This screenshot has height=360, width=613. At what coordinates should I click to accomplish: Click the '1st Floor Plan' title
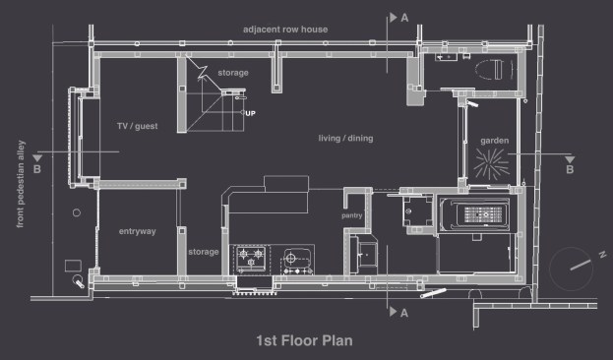click(304, 340)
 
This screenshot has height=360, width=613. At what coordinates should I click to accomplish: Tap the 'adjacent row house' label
click(285, 30)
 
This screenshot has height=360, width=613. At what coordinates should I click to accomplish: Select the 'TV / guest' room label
click(137, 126)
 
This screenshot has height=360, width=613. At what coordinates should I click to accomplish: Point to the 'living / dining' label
click(345, 138)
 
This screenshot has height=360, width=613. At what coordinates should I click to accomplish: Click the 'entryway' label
click(137, 231)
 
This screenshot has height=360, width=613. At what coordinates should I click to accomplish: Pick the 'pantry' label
click(352, 215)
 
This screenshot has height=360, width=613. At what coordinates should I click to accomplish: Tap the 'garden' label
click(495, 141)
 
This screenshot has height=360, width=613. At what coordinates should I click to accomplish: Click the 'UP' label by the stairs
click(250, 113)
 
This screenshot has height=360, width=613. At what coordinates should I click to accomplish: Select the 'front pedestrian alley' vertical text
click(21, 184)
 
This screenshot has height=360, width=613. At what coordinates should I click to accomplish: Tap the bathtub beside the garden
click(474, 214)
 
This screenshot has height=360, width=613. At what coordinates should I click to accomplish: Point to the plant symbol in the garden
click(491, 164)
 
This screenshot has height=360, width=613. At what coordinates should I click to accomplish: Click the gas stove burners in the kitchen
click(251, 258)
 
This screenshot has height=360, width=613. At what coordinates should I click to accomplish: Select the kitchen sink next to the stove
click(297, 261)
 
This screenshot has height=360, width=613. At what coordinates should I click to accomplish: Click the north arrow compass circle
click(571, 269)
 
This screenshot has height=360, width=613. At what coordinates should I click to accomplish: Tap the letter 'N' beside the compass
click(602, 255)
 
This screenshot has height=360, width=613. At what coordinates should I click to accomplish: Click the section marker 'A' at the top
click(404, 18)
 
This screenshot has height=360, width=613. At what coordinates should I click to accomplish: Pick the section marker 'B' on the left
click(37, 169)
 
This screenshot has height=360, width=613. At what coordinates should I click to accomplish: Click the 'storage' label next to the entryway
click(204, 252)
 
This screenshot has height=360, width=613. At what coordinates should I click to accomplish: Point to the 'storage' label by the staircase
click(233, 73)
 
